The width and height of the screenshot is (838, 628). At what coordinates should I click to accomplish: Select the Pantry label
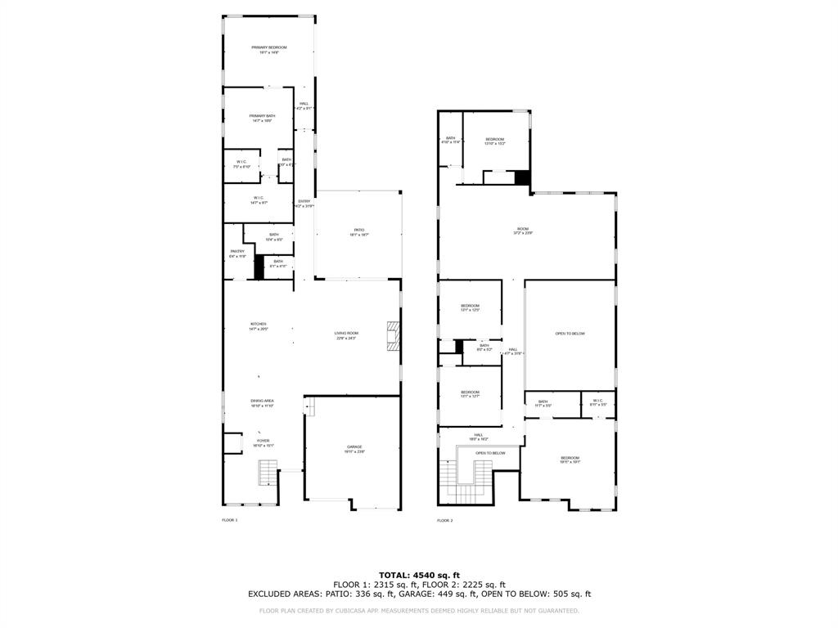click(x=237, y=253)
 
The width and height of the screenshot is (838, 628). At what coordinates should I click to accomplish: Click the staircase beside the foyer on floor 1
click(x=268, y=473)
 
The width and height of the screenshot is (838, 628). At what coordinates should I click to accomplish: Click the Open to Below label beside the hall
click(x=570, y=334)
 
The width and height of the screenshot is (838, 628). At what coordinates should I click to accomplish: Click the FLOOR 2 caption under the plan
click(x=444, y=520)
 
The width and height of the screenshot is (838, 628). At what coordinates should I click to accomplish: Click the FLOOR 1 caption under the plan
click(x=229, y=520)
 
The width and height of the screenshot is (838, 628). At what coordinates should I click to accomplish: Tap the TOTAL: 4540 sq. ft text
click(x=419, y=574)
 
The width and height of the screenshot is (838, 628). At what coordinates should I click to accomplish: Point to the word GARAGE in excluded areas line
click(x=430, y=594)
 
